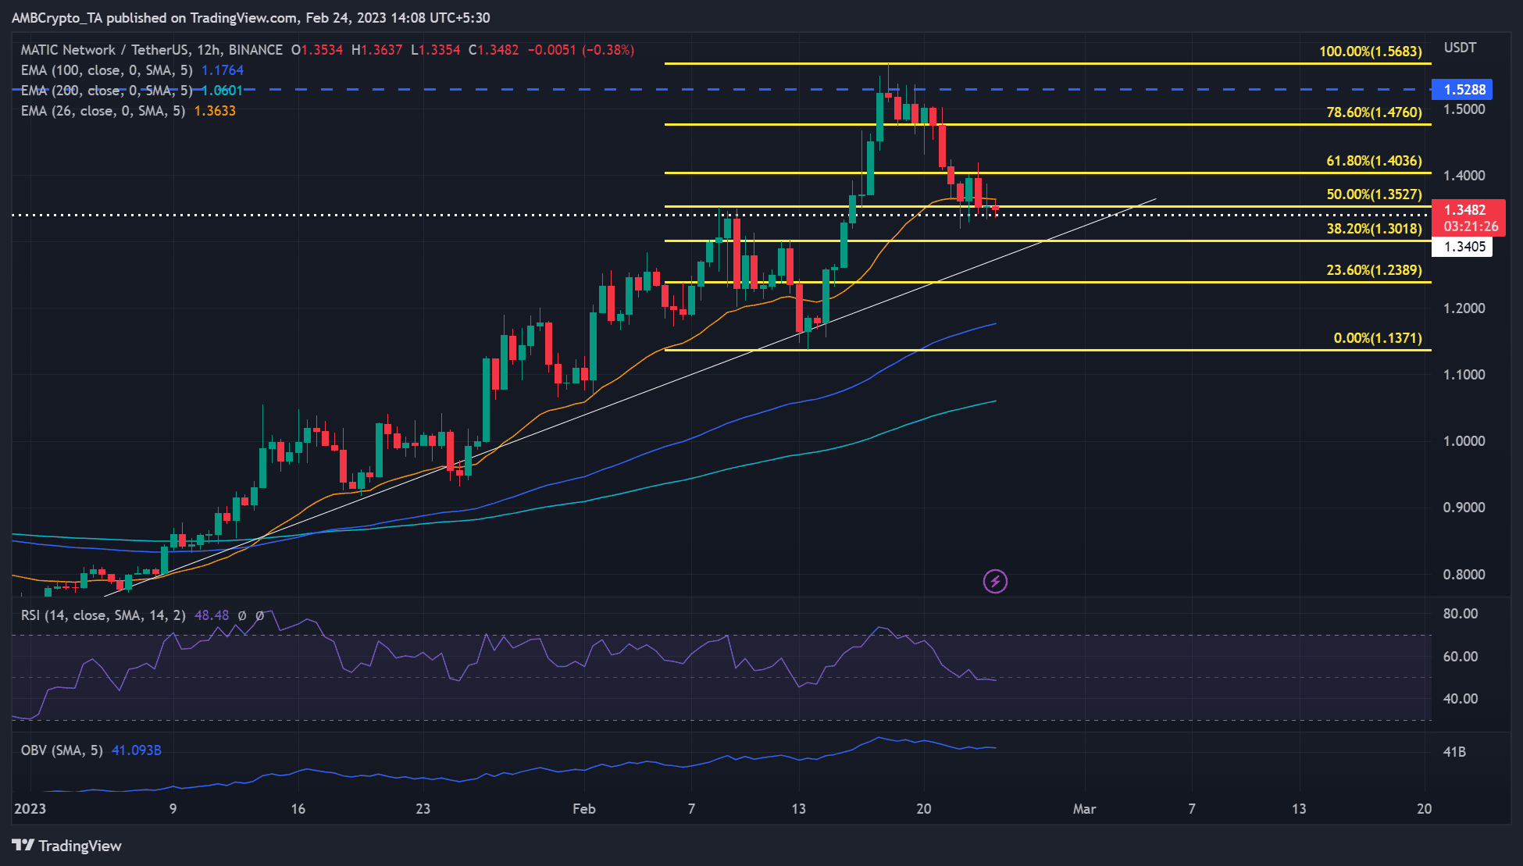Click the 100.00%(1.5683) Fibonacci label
1370,52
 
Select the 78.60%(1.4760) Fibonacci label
1374,112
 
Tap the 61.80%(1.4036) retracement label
1374,161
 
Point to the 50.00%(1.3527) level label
1374,194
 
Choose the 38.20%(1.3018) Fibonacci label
1374,229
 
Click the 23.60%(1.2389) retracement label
1374,270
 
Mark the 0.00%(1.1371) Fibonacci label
1377,338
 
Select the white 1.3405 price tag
1464,247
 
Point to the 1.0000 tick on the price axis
1464,441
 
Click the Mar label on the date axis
1084,809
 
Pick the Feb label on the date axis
583,809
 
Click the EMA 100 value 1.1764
223,70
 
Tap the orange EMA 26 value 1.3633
215,111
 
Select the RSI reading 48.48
212,615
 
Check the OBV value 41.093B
137,750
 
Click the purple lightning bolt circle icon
995,581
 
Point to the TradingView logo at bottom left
67,846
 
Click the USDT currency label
1460,48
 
